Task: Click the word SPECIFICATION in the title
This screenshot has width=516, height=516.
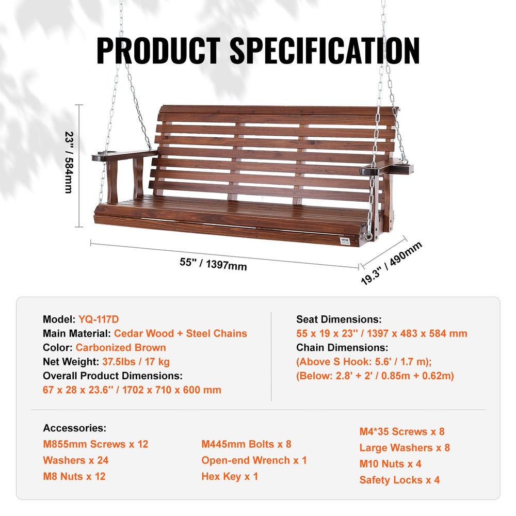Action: point(324,50)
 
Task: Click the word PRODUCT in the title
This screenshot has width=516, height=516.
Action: point(158,50)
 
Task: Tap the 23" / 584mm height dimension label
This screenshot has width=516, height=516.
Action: point(69,162)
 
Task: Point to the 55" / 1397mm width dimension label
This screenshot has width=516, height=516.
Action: point(213,264)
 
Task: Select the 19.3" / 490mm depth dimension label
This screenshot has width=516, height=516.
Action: point(391,263)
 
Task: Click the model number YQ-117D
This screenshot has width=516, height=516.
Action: point(99,319)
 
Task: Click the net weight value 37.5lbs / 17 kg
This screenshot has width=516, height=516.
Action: point(136,362)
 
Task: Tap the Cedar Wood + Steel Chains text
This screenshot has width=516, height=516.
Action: point(180,333)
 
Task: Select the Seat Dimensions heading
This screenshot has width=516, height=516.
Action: point(338,319)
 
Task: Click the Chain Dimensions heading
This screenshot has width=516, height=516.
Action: point(342,348)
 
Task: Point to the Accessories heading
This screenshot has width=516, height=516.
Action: point(74,428)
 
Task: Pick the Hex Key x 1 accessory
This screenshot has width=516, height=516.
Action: point(230,476)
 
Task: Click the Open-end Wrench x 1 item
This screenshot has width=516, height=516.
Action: point(254,460)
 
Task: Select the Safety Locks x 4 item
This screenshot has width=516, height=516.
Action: point(399,480)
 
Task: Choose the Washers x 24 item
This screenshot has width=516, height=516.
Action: point(76,460)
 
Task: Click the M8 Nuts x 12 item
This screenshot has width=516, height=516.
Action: point(74,476)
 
